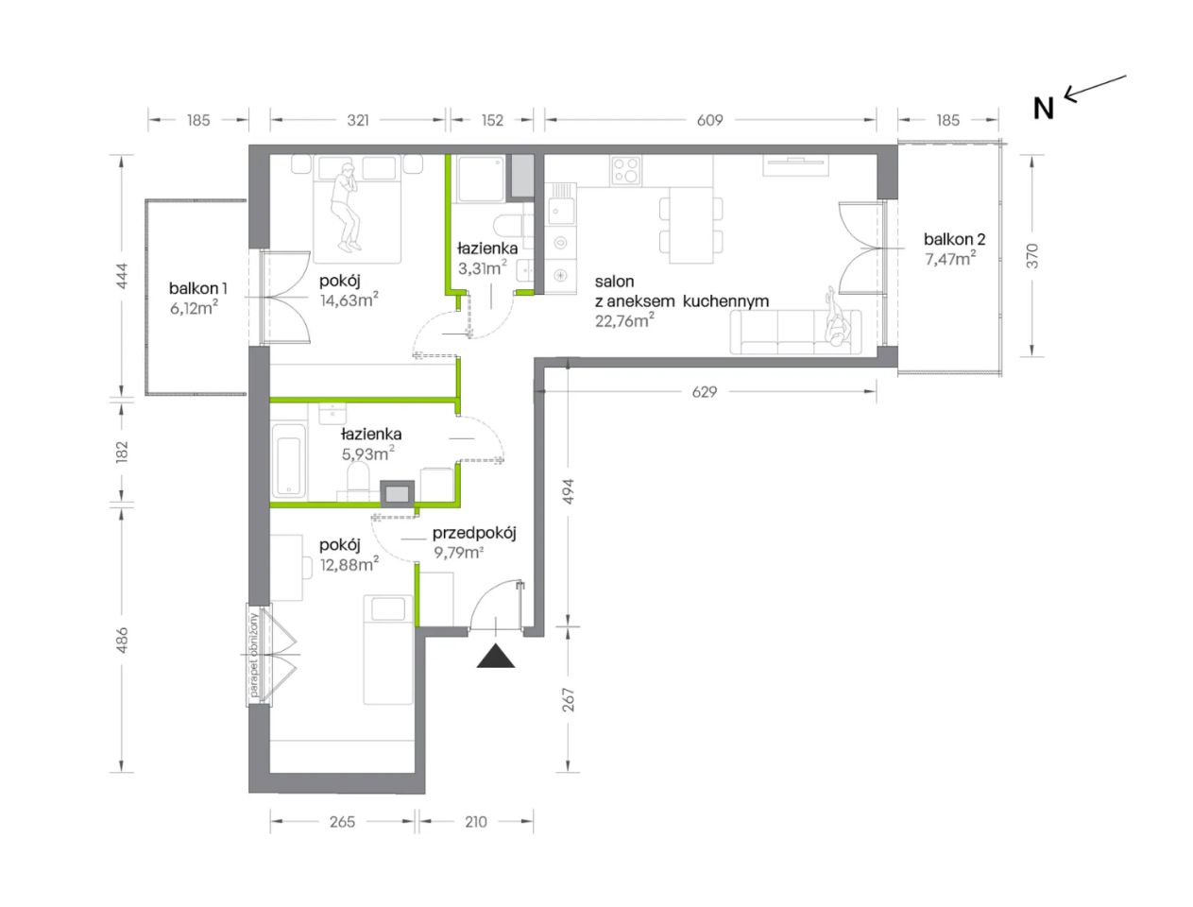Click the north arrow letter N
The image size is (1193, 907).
coord(1043,109)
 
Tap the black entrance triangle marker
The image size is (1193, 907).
coord(495,656)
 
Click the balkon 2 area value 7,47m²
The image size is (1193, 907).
coord(950,258)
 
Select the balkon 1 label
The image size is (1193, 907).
coord(197,288)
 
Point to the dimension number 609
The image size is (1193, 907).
coord(709,120)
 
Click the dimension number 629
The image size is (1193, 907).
coord(705,392)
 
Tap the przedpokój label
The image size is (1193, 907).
coord(474,534)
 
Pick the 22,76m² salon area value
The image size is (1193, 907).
coord(624,320)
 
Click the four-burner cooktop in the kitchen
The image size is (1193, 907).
coord(625,170)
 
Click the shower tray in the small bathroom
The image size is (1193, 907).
coord(480,179)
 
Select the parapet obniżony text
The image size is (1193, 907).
coord(254,656)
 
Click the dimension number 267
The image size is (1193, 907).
coord(567,700)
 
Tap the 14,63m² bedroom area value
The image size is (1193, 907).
coord(349,300)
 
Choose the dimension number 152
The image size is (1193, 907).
coord(492,120)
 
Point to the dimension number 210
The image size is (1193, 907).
coord(475,822)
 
